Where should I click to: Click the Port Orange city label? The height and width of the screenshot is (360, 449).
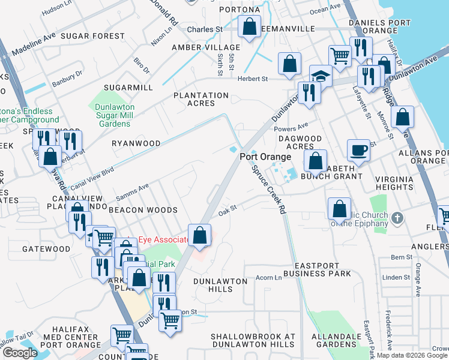tap(265, 157)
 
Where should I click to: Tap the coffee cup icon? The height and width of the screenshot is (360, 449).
tap(359, 150)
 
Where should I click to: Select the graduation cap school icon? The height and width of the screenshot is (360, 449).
tap(321, 76)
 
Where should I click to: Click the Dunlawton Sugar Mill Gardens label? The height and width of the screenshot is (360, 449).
tap(113, 115)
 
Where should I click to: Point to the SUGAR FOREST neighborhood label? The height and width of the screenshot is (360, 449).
tap(92, 36)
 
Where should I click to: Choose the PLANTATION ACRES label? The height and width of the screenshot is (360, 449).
tap(201, 99)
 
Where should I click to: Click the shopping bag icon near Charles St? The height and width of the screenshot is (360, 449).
tap(249, 26)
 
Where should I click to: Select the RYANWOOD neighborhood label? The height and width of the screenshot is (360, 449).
tap(136, 143)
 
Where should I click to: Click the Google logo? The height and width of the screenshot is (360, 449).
tap(20, 353)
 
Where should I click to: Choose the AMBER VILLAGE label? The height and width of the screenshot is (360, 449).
tap(206, 47)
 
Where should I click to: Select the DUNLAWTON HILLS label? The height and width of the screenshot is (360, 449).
tap(220, 284)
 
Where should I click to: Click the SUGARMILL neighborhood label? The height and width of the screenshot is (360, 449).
tap(128, 87)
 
